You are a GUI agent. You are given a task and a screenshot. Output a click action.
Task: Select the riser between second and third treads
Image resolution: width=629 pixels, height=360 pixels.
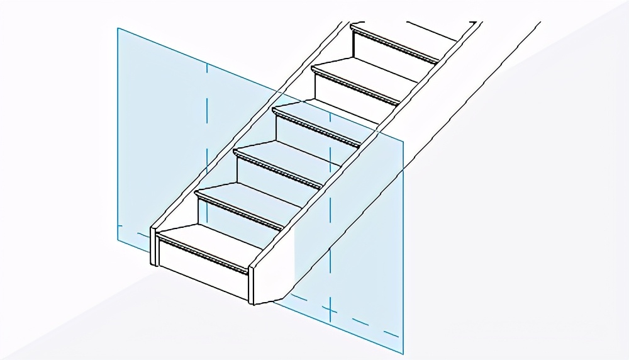point(277,178)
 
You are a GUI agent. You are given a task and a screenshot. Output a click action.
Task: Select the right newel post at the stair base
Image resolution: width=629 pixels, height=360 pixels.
point(252,284)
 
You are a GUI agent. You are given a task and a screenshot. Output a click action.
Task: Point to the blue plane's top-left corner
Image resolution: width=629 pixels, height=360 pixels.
point(118,28)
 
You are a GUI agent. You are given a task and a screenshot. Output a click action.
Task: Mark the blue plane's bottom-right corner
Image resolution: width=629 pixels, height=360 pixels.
point(403,353)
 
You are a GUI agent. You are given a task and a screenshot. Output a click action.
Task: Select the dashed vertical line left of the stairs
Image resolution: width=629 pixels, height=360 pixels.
point(206,126)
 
